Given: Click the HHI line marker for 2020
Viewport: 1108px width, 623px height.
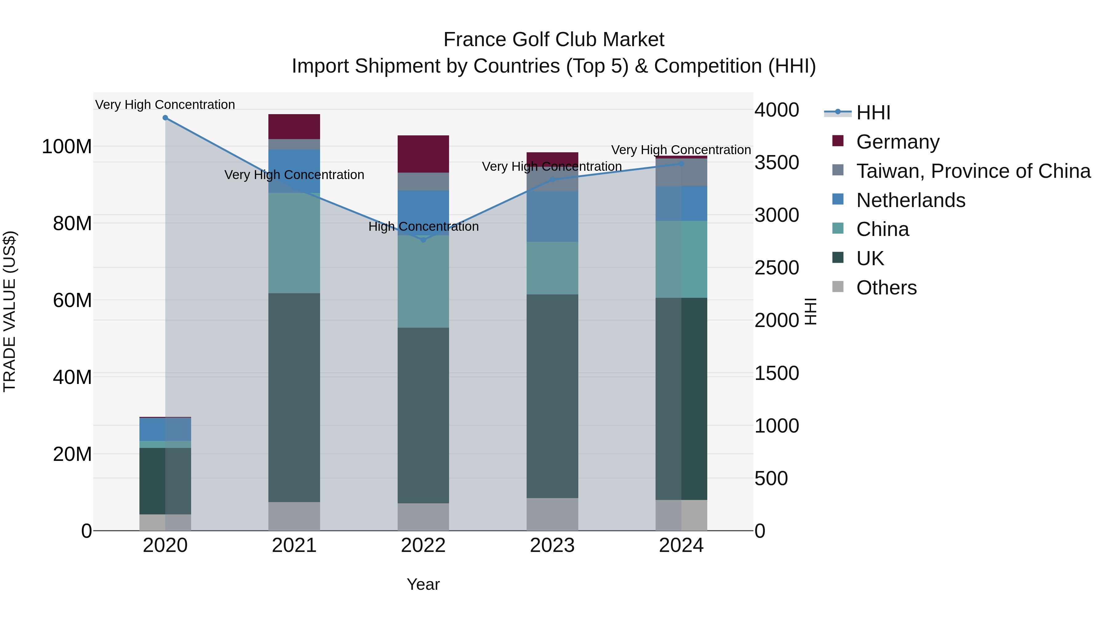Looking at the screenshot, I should (165, 118).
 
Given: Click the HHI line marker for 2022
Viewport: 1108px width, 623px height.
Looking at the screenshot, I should (423, 240).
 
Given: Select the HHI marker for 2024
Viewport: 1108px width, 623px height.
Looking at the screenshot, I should (681, 164).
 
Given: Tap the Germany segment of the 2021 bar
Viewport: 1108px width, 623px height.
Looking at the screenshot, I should (294, 126).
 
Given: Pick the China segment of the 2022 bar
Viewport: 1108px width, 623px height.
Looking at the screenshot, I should (423, 282).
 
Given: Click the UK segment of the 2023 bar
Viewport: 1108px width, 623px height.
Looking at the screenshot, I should (552, 396).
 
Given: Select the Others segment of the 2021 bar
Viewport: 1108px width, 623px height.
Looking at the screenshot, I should (294, 516).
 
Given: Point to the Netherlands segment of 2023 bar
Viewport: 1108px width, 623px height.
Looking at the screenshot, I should (552, 216).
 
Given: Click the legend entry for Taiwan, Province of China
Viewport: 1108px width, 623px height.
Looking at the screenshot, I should (973, 171).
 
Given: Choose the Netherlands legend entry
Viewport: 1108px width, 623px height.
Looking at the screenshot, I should (911, 200).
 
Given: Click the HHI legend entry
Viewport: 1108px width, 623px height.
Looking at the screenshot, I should (873, 113).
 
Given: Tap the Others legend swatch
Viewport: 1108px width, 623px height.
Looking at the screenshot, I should (838, 287).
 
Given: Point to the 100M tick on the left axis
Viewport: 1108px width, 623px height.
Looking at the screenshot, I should (67, 147).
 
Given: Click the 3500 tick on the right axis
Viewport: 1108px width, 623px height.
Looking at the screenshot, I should (777, 162).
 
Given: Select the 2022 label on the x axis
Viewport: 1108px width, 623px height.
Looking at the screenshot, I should (423, 545).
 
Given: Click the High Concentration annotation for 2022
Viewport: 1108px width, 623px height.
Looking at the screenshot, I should (423, 226).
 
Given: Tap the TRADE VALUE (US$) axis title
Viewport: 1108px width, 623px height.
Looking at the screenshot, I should (10, 311).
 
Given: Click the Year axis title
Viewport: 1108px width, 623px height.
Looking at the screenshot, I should (423, 584).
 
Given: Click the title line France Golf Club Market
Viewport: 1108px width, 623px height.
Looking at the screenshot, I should (554, 40).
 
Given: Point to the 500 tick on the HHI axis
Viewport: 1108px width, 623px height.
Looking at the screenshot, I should (771, 478).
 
